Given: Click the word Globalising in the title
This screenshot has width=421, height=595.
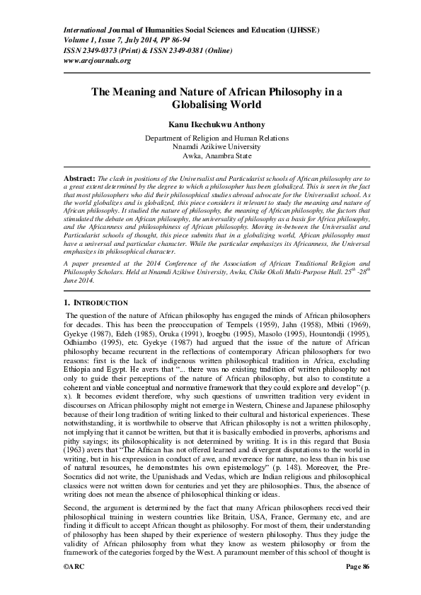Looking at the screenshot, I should (x=210, y=105).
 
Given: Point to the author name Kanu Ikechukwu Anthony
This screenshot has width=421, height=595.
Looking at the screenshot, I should (x=210, y=124).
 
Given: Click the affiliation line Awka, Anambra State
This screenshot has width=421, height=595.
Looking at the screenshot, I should (x=210, y=155).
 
